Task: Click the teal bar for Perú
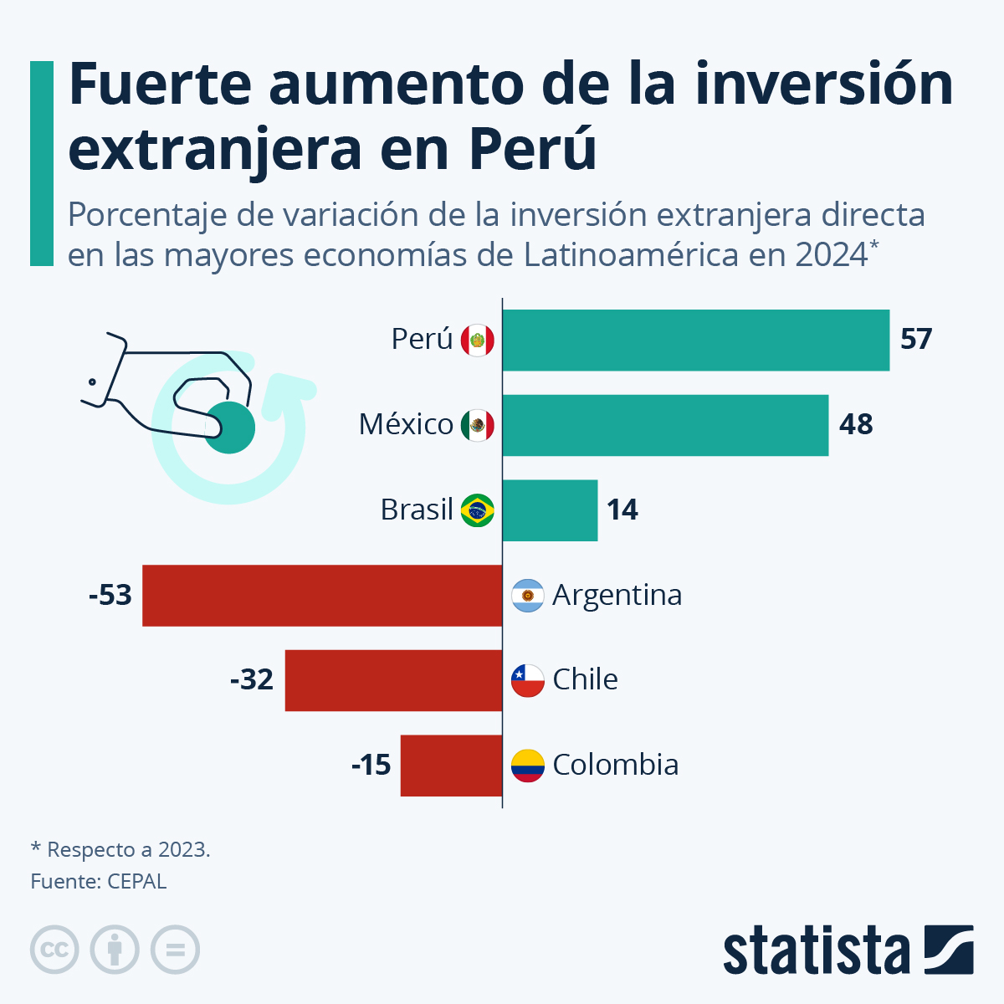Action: [695, 340]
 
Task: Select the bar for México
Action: [665, 425]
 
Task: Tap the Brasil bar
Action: [550, 510]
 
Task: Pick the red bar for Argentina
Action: [322, 595]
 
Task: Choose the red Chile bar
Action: [393, 680]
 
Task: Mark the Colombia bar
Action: [451, 765]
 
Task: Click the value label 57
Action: [916, 340]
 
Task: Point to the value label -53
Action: [110, 595]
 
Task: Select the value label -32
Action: [252, 679]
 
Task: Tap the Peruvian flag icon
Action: [478, 341]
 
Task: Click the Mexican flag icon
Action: [478, 425]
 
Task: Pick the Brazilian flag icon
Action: [478, 510]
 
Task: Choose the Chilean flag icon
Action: [528, 680]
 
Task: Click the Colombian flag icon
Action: [528, 765]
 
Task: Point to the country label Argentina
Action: [617, 595]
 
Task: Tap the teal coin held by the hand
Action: [230, 428]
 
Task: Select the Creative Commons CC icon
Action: [54, 950]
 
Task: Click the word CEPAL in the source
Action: [137, 881]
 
